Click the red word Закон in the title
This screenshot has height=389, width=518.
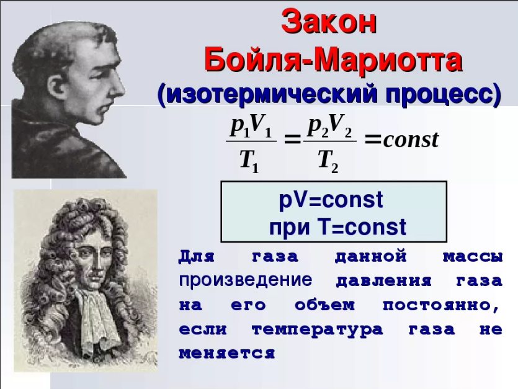[329, 23]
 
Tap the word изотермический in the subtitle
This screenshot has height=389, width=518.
[271, 94]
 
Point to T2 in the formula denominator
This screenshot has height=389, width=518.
[328, 161]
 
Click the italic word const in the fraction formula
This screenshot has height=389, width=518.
[411, 140]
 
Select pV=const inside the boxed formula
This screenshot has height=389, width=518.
[331, 200]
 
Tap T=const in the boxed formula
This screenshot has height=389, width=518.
[362, 226]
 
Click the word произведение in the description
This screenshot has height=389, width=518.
[246, 280]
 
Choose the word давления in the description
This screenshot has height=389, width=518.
[383, 281]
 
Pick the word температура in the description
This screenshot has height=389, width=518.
[317, 330]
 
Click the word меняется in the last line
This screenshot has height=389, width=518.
[227, 353]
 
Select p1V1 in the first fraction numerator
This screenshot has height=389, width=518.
[251, 127]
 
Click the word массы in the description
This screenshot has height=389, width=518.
[473, 257]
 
